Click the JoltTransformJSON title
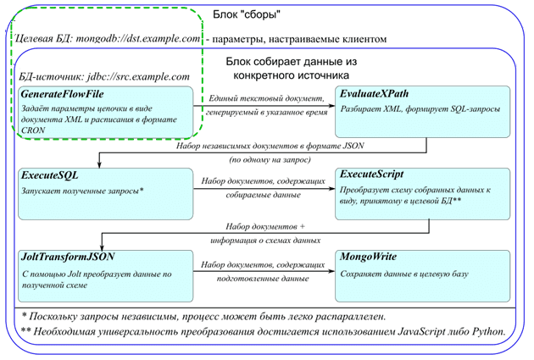68,257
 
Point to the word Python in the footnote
487,331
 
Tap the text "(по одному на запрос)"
265,159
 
